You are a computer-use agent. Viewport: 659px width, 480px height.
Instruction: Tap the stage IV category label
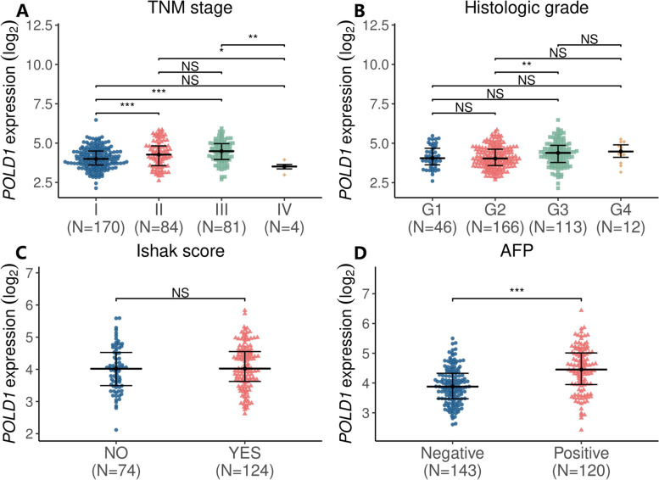pos(285,206)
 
